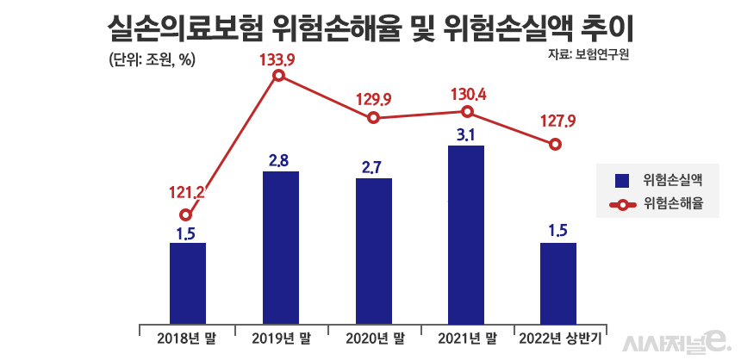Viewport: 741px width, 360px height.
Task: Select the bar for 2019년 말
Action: click(281, 246)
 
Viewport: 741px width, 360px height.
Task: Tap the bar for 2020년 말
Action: click(374, 250)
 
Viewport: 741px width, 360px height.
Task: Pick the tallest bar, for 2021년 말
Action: click(466, 233)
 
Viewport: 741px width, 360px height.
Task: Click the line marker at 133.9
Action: click(278, 76)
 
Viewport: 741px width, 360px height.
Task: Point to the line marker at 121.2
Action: click(186, 215)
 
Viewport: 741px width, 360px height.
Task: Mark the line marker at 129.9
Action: click(373, 118)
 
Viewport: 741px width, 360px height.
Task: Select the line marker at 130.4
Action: click(466, 111)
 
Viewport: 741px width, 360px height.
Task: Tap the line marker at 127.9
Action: click(557, 144)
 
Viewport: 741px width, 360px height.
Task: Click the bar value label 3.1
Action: click(466, 134)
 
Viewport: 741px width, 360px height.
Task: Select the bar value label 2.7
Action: click(372, 166)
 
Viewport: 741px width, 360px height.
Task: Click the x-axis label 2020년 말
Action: click(373, 337)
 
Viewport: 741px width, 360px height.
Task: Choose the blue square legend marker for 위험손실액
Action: click(620, 180)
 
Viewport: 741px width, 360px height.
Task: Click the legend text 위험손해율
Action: click(674, 205)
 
